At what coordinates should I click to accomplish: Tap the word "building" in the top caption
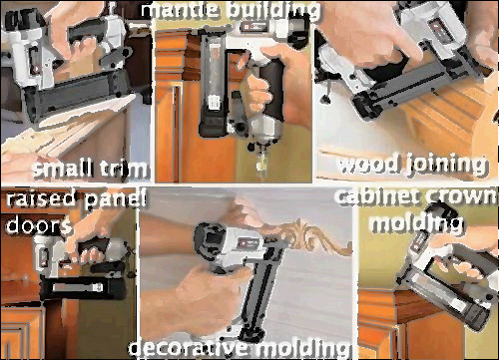click(x=273, y=11)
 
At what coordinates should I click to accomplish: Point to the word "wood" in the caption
click(x=368, y=165)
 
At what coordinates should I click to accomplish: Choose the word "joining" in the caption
click(x=447, y=166)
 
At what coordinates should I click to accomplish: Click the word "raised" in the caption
click(x=41, y=198)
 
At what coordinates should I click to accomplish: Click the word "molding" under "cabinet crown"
click(x=417, y=223)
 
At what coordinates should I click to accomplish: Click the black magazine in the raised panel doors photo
click(x=83, y=288)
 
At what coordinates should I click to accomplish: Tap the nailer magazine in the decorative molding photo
click(x=261, y=292)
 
